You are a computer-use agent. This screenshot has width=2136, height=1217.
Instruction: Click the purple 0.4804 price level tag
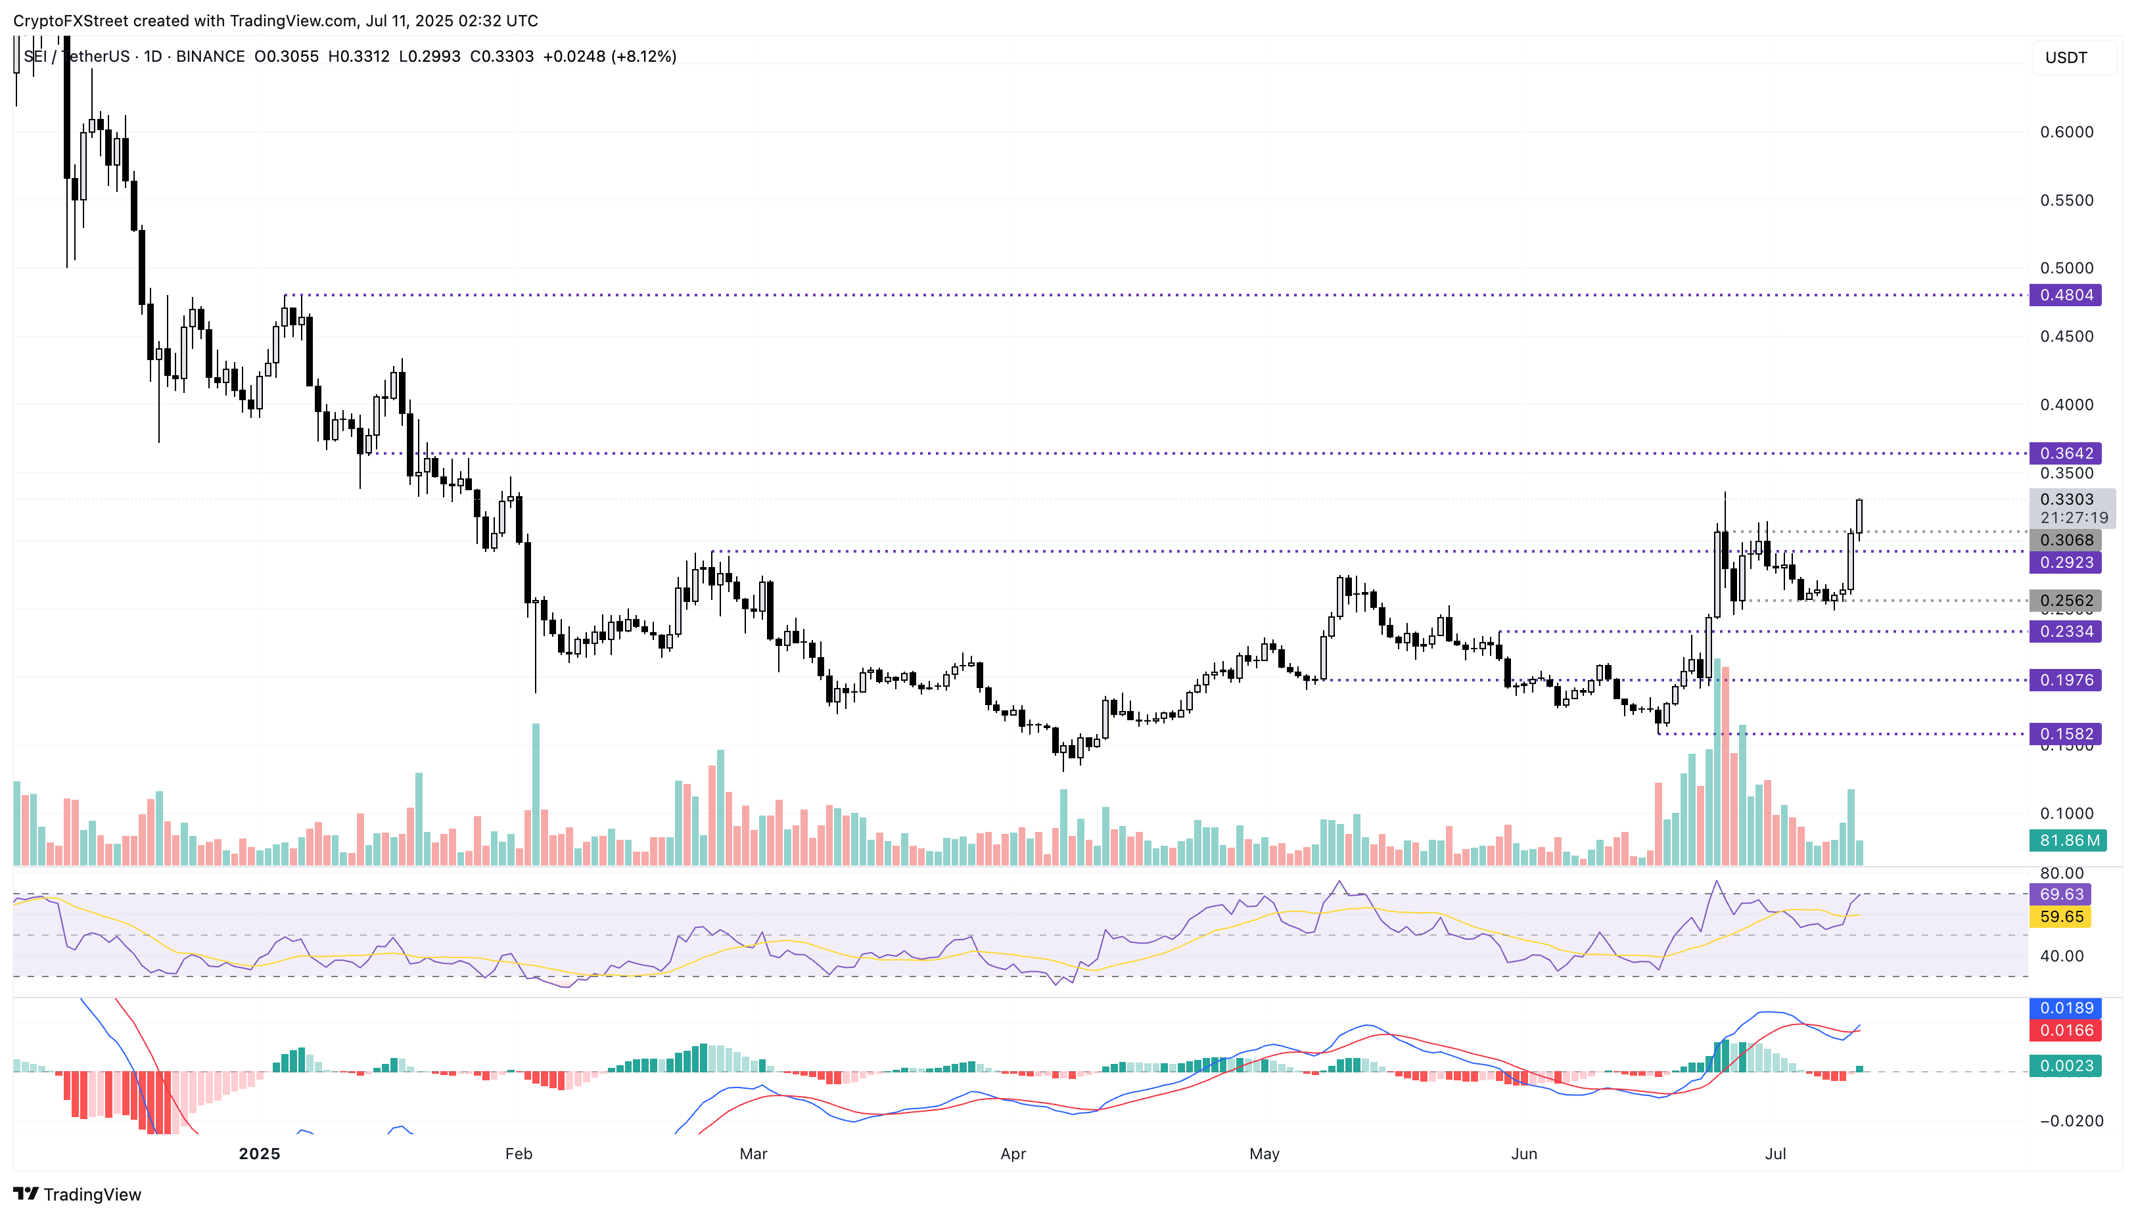[x=2065, y=295]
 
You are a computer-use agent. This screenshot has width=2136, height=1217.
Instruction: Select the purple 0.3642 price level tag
[x=2065, y=453]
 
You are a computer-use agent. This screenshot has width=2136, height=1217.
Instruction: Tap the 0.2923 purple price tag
[x=2065, y=563]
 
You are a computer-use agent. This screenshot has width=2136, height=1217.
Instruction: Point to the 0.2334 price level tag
[x=2065, y=631]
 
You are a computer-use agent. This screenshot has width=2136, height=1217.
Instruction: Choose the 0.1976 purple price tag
[x=2065, y=680]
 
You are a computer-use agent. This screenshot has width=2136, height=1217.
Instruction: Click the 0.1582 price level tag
[x=2065, y=734]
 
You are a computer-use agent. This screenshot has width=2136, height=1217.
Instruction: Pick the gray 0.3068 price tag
[x=2065, y=540]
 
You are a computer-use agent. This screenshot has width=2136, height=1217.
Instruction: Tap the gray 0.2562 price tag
[x=2065, y=600]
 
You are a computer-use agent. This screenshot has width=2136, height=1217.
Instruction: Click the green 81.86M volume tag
[x=2068, y=840]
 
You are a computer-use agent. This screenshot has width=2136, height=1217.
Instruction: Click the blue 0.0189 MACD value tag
[x=2065, y=1008]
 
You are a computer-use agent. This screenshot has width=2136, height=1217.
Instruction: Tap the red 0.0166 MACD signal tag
[x=2065, y=1030]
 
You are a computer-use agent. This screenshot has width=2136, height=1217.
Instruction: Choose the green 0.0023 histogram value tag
[x=2065, y=1066]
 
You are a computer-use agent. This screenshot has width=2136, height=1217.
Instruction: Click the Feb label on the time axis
[x=519, y=1153]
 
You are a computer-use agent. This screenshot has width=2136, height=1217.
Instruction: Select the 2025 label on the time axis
[x=259, y=1153]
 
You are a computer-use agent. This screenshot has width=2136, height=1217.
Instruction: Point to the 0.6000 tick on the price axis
[x=2066, y=132]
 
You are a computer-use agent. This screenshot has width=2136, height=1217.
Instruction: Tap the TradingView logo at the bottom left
[x=77, y=1193]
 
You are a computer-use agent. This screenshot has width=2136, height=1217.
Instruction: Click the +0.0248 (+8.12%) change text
[x=609, y=56]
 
